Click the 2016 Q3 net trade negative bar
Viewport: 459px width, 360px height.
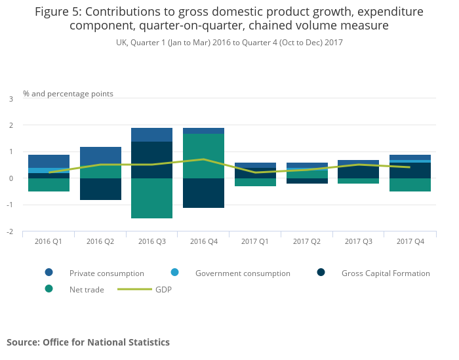[151, 198]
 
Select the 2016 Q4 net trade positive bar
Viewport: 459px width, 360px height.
[203, 155]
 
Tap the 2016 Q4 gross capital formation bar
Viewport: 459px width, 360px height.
[203, 193]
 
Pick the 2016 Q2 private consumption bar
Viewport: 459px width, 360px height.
[100, 156]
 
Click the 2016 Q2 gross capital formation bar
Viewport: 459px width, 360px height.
[100, 189]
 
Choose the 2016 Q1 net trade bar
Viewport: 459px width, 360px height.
[49, 185]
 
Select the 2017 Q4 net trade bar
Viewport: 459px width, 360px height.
[410, 185]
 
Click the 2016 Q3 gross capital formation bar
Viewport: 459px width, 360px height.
[151, 160]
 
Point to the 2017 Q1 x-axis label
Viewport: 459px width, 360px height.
[255, 242]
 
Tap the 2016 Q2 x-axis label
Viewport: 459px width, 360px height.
[100, 242]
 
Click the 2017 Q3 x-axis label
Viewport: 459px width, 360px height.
[359, 242]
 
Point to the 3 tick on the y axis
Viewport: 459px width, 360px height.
[10, 99]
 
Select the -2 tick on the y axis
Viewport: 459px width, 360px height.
[10, 232]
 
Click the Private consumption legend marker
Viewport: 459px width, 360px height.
[49, 273]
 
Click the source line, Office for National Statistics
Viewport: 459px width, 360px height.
[88, 342]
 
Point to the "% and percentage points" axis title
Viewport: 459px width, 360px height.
[68, 94]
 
